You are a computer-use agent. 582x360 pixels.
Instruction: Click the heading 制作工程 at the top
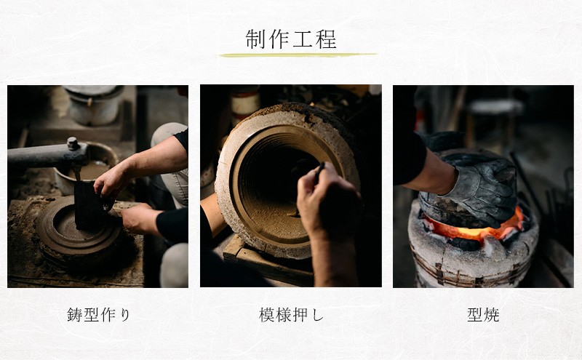tap(291, 39)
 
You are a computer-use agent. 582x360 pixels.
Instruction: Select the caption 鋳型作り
tap(98, 315)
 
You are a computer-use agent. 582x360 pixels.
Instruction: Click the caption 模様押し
tap(291, 315)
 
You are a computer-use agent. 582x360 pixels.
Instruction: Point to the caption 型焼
tap(483, 315)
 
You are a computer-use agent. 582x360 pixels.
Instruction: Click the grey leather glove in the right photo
tap(480, 189)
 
